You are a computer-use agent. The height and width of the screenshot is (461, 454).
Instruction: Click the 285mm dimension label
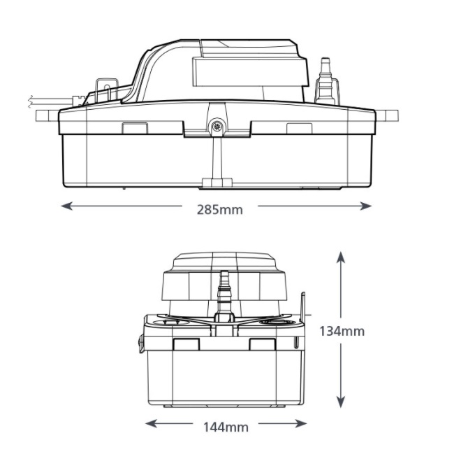coord(220,210)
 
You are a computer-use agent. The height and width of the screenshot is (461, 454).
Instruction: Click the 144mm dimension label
coord(226,427)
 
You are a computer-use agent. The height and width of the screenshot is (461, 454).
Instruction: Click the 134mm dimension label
coord(342,331)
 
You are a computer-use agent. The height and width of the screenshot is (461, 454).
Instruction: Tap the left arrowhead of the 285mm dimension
coord(66,206)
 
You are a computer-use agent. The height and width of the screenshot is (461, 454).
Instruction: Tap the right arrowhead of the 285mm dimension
coord(366,206)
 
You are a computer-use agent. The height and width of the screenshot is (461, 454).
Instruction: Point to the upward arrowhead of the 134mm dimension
coord(340,257)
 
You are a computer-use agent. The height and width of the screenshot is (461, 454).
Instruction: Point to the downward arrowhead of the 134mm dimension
coord(340,402)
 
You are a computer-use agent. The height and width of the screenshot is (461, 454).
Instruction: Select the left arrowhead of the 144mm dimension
coord(151,423)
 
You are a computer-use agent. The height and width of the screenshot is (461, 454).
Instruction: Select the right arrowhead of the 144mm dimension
coord(301,423)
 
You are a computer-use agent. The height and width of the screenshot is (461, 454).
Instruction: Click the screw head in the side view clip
coord(217,127)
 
